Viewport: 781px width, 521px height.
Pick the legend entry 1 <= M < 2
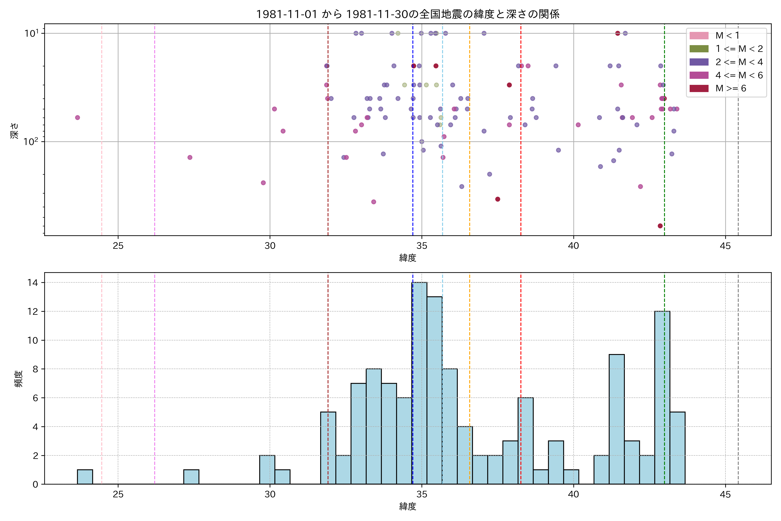pyautogui.click(x=739, y=49)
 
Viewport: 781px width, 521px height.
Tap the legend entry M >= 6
pyautogui.click(x=730, y=88)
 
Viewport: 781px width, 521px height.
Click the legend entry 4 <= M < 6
pyautogui.click(x=739, y=75)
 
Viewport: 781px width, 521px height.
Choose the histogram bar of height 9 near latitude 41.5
pyautogui.click(x=617, y=419)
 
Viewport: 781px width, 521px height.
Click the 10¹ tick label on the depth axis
pyautogui.click(x=31, y=33)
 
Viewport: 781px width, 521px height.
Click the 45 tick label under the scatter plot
pyautogui.click(x=725, y=246)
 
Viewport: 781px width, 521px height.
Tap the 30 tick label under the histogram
pyautogui.click(x=270, y=495)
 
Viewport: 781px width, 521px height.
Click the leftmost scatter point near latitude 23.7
pyautogui.click(x=77, y=118)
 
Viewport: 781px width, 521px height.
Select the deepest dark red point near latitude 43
pyautogui.click(x=660, y=226)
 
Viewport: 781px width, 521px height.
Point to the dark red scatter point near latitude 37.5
pyautogui.click(x=497, y=199)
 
